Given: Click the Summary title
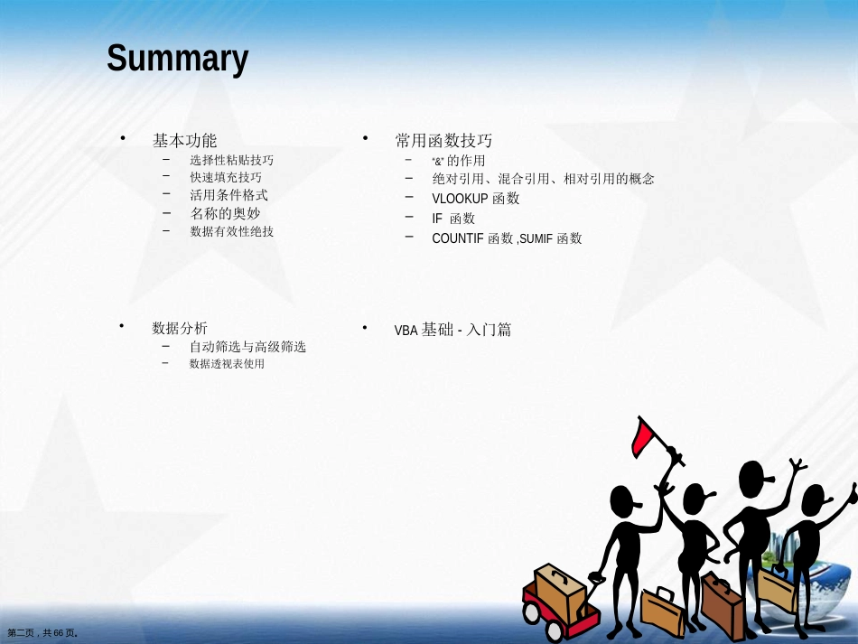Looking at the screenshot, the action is click(x=177, y=59).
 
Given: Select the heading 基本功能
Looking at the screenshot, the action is click(x=185, y=141).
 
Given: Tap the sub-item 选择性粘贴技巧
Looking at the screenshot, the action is click(x=231, y=160).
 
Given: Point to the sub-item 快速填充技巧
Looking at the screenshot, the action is click(x=226, y=177).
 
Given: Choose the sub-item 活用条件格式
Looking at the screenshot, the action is click(x=228, y=195).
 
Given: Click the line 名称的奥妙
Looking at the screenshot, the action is click(x=225, y=213).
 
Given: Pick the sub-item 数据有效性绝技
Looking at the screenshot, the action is click(x=231, y=231).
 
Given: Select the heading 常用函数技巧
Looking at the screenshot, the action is click(x=443, y=141).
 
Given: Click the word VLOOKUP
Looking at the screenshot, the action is click(x=460, y=199).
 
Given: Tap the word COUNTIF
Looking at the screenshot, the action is click(x=458, y=238).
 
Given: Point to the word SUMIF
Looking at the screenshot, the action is click(x=536, y=238).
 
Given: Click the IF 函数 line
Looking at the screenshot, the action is click(x=453, y=219).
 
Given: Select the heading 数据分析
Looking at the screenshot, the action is click(x=180, y=328).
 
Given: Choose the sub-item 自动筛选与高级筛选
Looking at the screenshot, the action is click(x=247, y=346).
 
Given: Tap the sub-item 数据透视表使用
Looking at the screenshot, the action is click(x=227, y=364).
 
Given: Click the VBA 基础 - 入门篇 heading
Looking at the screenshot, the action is click(x=452, y=330).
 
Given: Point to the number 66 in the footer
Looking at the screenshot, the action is click(x=59, y=633).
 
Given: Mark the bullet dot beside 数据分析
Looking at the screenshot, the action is click(x=122, y=326).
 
